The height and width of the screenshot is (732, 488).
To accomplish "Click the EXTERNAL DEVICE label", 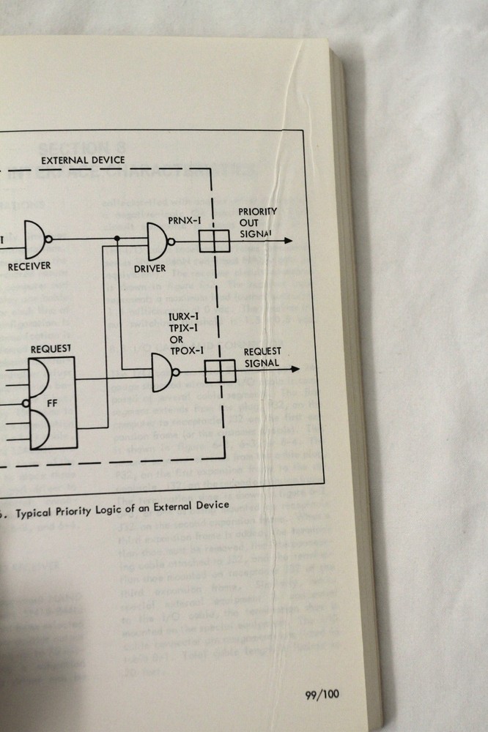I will click(x=83, y=160).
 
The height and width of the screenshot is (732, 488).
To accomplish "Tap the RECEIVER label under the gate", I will click(x=29, y=266).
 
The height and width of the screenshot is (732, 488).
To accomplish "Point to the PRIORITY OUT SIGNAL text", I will click(x=258, y=223).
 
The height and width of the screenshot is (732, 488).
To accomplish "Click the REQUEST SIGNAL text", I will click(x=262, y=356).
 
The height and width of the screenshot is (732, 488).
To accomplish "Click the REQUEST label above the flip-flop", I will click(x=51, y=349).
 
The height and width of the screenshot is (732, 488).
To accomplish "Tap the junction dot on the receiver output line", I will click(x=117, y=239).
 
